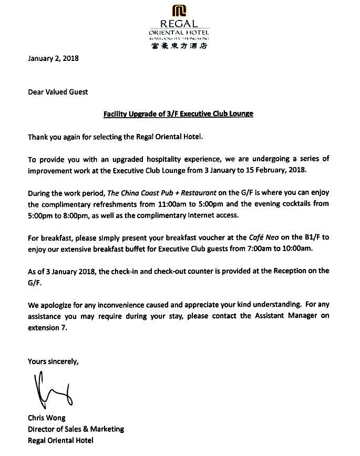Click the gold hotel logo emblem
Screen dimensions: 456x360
pyautogui.click(x=179, y=11)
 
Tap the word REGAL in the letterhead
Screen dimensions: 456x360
pyautogui.click(x=179, y=24)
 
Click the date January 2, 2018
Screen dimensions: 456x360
pyautogui.click(x=53, y=58)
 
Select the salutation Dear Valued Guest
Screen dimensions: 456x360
pyautogui.click(x=58, y=92)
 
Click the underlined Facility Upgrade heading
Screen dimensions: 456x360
pyautogui.click(x=178, y=113)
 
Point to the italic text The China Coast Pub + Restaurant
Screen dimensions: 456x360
pyautogui.click(x=162, y=193)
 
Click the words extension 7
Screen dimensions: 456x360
pyautogui.click(x=48, y=327)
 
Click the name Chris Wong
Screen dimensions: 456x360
pyautogui.click(x=47, y=418)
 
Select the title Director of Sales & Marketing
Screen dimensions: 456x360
pyautogui.click(x=76, y=429)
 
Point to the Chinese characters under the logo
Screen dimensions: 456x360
pyautogui.click(x=179, y=46)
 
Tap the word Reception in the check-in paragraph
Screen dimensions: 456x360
pyautogui.click(x=292, y=271)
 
